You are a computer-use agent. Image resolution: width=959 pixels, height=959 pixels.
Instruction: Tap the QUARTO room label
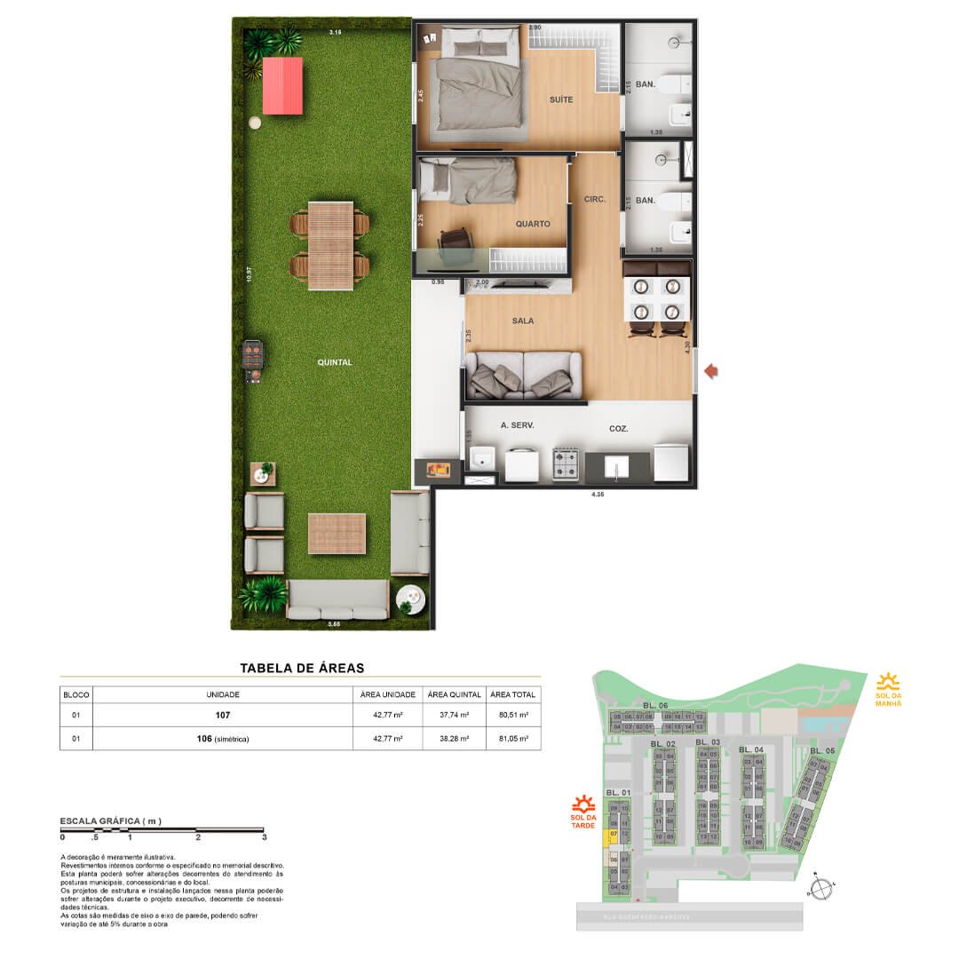coord(533,224)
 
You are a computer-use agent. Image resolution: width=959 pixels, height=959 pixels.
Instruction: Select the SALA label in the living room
coord(522,321)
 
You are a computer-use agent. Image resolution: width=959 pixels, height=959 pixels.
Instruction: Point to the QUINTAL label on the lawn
coord(335,362)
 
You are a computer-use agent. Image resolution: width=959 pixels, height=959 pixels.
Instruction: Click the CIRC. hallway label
coord(594,200)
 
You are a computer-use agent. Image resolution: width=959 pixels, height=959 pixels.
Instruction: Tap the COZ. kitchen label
coord(618,428)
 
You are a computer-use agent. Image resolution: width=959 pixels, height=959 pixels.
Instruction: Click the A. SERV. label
coord(516,425)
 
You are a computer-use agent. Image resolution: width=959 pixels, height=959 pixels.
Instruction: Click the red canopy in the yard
coord(282,85)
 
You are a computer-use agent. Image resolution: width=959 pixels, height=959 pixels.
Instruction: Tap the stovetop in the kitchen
coord(566,464)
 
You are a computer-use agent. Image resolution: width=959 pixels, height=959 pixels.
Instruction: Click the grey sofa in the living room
coord(524,375)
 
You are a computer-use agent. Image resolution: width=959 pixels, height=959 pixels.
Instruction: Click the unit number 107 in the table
coord(224,714)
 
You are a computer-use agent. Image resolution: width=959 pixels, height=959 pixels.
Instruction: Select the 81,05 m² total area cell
coord(512,738)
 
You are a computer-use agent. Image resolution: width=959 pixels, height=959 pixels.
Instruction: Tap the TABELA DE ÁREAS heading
coord(302,668)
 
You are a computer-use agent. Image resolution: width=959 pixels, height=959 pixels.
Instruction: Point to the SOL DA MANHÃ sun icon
coord(887,682)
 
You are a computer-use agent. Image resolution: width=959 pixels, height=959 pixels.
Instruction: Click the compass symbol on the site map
coord(823,887)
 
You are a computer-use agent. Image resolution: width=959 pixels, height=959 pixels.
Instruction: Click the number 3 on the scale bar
coord(265,837)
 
